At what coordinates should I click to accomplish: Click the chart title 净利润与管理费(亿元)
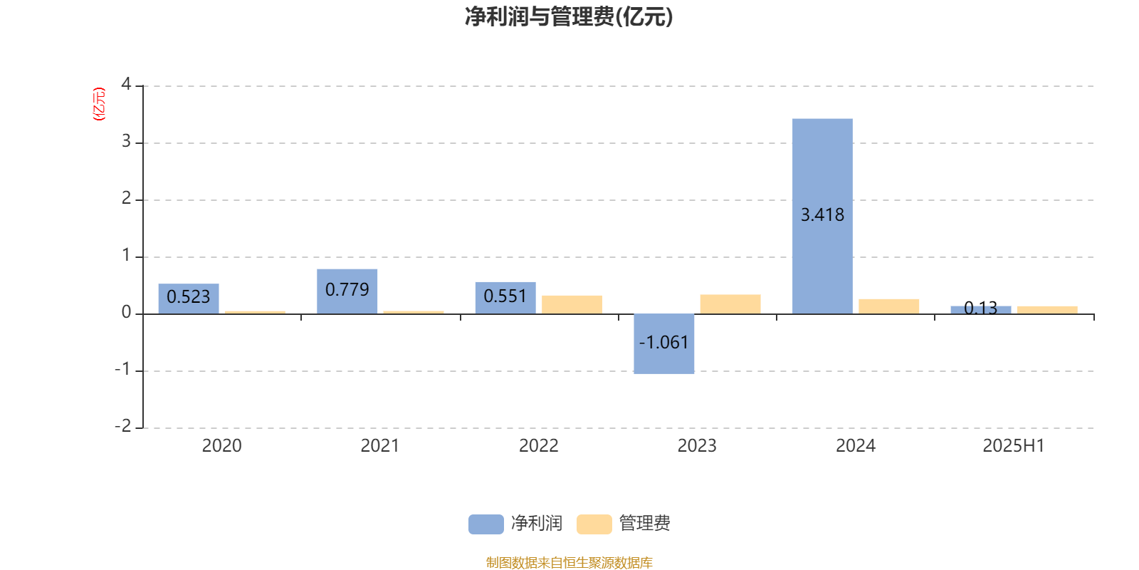coord(569,16)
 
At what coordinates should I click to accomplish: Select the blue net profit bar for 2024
coord(822,217)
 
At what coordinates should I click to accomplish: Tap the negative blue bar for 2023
coord(663,344)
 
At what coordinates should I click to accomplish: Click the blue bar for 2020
coord(189,299)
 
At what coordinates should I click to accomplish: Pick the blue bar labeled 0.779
coord(347,291)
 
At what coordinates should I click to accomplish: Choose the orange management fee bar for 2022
coord(572,305)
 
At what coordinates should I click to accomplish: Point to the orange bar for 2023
coord(730,304)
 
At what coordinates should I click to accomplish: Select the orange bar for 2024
coord(889,306)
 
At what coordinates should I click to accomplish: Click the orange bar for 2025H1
coord(1047,310)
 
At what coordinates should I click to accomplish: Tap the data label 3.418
coord(822,214)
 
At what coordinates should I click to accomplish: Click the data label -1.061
coord(663,343)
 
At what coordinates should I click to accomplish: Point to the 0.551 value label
coord(505,296)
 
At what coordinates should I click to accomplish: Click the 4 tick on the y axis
coord(126,84)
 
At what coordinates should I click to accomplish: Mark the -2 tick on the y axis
coord(123,425)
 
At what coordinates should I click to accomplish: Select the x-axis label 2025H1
coord(1014,446)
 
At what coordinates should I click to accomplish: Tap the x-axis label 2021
coord(380,446)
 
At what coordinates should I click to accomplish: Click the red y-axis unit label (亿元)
coord(99,104)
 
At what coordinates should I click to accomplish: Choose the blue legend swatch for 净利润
coord(486,524)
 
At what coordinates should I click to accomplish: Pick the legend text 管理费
coord(645,523)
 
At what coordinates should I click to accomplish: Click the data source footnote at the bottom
coord(569,562)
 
